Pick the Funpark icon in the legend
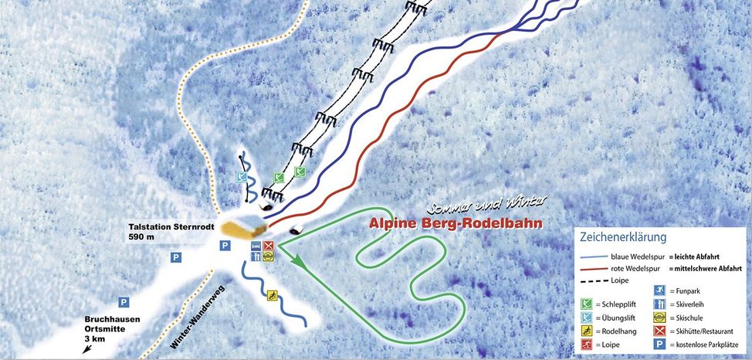(661, 290)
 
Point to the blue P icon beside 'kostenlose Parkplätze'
(661, 345)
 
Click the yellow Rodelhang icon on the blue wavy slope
(272, 295)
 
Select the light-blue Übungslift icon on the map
(242, 177)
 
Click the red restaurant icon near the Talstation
(268, 246)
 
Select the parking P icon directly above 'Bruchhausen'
(123, 302)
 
